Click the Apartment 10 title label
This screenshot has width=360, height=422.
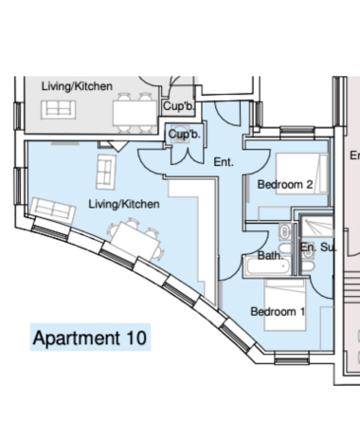pyautogui.click(x=90, y=338)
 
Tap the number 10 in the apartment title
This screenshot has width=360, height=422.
pyautogui.click(x=135, y=338)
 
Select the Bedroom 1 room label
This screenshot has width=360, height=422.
pyautogui.click(x=277, y=311)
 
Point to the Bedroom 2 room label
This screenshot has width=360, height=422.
pyautogui.click(x=285, y=185)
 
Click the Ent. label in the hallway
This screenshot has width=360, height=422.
pyautogui.click(x=224, y=162)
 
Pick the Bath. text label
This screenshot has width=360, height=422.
pyautogui.click(x=270, y=256)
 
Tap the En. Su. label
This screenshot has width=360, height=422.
pyautogui.click(x=317, y=248)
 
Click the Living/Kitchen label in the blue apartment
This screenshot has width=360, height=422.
pyautogui.click(x=123, y=204)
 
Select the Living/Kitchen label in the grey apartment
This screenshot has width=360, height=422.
pyautogui.click(x=77, y=86)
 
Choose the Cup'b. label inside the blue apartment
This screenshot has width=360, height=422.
pyautogui.click(x=184, y=134)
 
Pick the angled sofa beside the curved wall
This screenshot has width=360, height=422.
pyautogui.click(x=49, y=208)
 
